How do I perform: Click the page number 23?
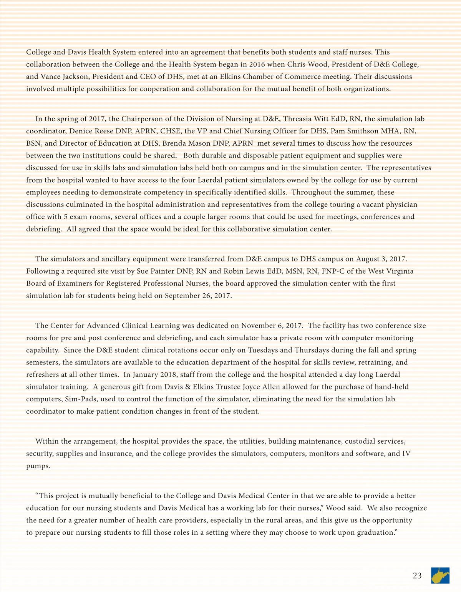[x=417, y=575]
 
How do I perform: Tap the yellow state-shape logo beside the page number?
[x=440, y=575]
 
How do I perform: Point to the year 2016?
[x=257, y=64]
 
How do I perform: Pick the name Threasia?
[x=298, y=119]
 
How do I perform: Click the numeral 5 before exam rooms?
[x=66, y=217]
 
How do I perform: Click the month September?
[x=182, y=296]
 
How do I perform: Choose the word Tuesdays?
[x=263, y=350]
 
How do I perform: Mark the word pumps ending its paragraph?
[x=38, y=466]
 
